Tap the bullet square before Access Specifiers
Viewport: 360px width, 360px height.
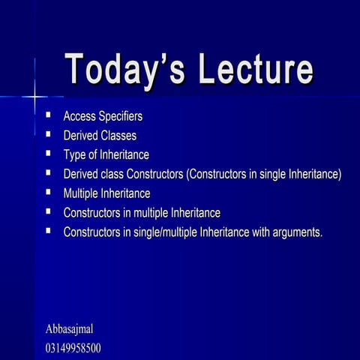48,115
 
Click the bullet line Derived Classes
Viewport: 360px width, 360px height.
100,136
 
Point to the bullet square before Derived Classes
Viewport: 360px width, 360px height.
48,135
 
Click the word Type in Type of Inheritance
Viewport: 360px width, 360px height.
75,155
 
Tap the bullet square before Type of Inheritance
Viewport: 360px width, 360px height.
48,154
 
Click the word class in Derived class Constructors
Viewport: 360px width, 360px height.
117,175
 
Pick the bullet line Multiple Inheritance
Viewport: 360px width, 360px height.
106,193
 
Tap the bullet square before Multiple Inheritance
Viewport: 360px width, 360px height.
48,193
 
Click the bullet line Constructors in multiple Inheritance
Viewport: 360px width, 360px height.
142,213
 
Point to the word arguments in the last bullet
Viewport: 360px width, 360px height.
295,232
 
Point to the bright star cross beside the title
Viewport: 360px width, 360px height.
34,96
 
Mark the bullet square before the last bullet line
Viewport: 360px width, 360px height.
48,232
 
